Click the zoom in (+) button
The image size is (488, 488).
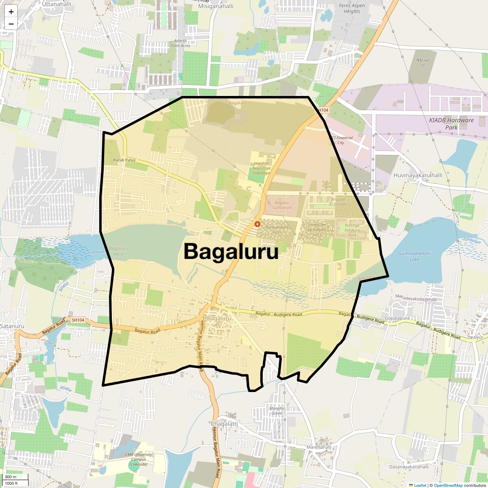pyautogui.click(x=11, y=12)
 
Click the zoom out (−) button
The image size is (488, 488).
pyautogui.click(x=11, y=24)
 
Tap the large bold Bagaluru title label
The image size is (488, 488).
pyautogui.click(x=231, y=251)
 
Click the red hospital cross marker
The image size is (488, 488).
pyautogui.click(x=257, y=224)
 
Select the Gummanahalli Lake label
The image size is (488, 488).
pyautogui.click(x=414, y=256)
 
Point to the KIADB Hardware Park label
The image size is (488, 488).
pyautogui.click(x=451, y=124)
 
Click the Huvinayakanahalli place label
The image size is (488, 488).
pyautogui.click(x=418, y=175)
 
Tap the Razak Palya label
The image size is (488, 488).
pyautogui.click(x=124, y=160)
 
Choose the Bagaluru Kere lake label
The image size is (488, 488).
pyautogui.click(x=119, y=251)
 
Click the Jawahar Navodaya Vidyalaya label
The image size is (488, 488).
pyautogui.click(x=261, y=168)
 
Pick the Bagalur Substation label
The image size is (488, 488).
pyautogui.click(x=282, y=205)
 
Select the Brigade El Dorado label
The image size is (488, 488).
pyautogui.click(x=338, y=202)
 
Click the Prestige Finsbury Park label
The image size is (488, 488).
pyautogui.click(x=352, y=230)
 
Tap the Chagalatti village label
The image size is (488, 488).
pyautogui.click(x=224, y=424)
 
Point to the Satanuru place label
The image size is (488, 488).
pyautogui.click(x=12, y=326)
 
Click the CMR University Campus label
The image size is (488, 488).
pyautogui.click(x=139, y=459)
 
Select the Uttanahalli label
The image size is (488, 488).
pyautogui.click(x=57, y=4)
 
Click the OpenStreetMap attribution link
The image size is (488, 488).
pyautogui.click(x=448, y=485)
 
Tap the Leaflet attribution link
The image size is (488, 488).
pyautogui.click(x=420, y=485)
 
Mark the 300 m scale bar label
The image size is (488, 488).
pyautogui.click(x=11, y=477)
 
